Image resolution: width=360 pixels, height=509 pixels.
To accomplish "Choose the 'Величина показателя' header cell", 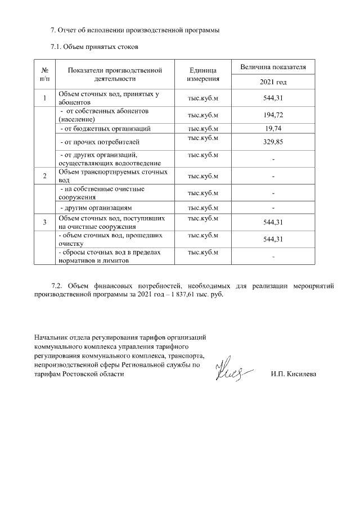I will pos(273,67).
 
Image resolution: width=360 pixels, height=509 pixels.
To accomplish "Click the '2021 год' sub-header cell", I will pos(273,82).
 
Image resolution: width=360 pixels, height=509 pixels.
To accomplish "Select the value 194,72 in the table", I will pos(273,115).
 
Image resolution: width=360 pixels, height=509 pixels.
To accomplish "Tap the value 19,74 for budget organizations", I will pos(273,129).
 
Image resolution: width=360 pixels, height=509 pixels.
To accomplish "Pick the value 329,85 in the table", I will pos(273,142).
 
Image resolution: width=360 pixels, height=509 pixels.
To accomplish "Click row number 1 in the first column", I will pos(44,99).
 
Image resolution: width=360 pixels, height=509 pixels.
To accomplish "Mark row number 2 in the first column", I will pos(44,176).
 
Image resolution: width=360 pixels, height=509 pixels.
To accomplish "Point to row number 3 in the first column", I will pos(44,222).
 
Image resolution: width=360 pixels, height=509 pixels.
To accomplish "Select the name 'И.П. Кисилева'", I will pos(293,374).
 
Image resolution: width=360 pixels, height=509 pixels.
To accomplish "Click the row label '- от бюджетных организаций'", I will pos(105,129).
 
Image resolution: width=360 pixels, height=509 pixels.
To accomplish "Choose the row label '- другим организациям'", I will pos(96,207).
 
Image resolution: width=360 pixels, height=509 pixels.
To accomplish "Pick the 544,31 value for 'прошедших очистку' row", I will pos(273,240).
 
